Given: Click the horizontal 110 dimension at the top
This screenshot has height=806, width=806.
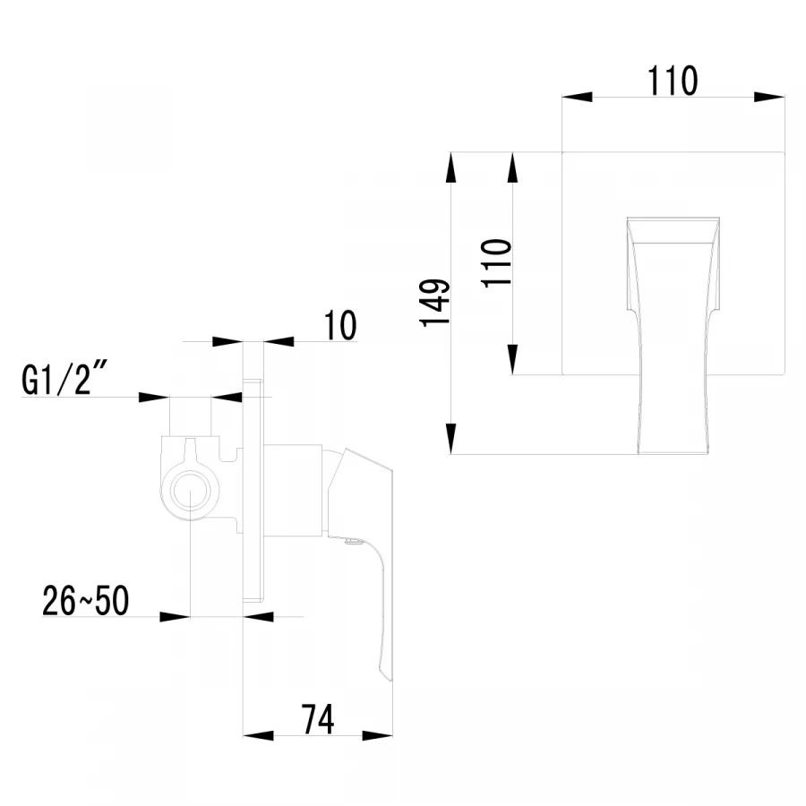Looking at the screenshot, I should tap(673, 81).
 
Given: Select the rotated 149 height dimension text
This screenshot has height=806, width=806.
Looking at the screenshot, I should tap(436, 303).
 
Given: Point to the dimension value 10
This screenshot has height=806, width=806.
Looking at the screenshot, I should tap(339, 325).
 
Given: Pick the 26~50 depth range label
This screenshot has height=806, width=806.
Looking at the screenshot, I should tap(86, 601).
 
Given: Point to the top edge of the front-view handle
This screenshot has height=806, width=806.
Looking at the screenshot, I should tap(673, 218).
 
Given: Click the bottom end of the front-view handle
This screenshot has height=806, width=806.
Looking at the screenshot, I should tap(672, 452).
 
